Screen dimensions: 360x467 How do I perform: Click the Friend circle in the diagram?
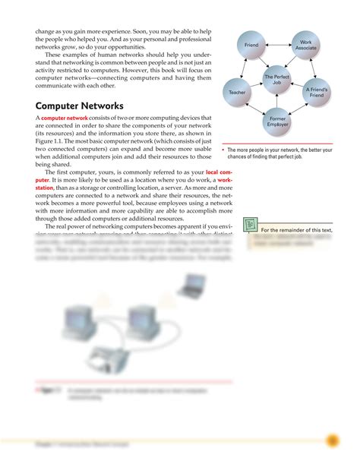tap(251, 46)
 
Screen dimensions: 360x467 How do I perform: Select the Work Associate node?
tap(305, 46)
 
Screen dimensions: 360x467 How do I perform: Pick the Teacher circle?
tap(235, 92)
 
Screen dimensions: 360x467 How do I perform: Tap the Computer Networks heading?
tap(80, 106)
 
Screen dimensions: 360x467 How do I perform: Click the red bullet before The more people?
tap(223, 150)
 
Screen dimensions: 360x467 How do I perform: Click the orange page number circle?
tap(331, 440)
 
